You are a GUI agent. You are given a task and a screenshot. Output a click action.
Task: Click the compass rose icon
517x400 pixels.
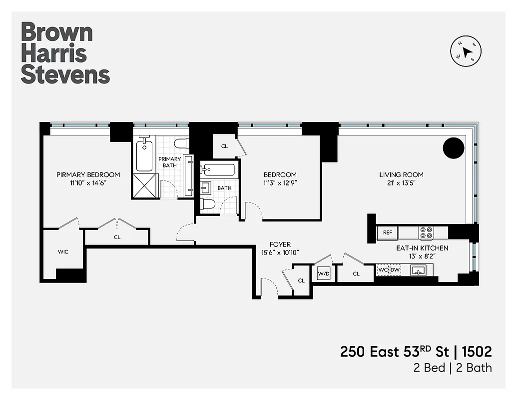point(468,52)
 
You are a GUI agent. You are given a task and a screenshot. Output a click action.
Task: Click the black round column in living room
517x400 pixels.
point(454,148)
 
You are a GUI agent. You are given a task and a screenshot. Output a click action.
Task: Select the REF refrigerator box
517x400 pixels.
point(388,232)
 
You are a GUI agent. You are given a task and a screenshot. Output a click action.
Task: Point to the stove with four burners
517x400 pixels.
point(426,233)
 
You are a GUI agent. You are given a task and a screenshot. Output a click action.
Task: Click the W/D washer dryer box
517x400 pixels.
point(323,273)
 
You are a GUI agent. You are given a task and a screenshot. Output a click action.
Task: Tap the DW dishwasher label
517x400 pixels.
point(395,270)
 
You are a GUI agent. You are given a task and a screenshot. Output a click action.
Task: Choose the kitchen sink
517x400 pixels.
point(418,270)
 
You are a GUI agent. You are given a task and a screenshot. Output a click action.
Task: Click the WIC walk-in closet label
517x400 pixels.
point(62,251)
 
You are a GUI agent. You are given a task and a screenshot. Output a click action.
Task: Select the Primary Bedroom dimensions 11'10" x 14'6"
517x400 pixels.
point(88,183)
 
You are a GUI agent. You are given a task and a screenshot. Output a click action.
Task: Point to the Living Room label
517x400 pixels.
point(401,174)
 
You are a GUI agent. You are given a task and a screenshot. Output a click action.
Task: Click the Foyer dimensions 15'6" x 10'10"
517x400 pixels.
point(280,253)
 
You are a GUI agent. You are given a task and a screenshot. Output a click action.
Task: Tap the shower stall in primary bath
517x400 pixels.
point(145,185)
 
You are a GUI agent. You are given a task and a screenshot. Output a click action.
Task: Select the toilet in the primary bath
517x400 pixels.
point(180,144)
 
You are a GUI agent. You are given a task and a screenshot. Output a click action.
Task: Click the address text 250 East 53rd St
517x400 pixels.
point(390,351)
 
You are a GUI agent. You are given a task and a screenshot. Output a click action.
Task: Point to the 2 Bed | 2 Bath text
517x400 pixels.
point(452,368)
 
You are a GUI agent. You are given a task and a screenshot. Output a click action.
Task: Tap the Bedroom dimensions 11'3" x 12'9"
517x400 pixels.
point(280,183)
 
